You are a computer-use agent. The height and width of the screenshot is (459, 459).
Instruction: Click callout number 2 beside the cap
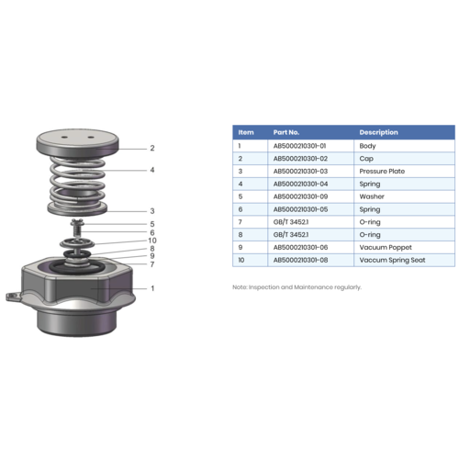click(152, 148)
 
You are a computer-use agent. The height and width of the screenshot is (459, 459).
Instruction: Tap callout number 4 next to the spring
click(152, 170)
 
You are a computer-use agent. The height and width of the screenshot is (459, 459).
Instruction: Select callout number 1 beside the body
click(152, 288)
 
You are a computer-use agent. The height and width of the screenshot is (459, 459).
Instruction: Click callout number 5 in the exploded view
click(152, 223)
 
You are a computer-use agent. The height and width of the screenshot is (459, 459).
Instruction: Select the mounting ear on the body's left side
click(12, 296)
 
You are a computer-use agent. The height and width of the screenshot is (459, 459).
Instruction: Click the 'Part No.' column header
click(286, 132)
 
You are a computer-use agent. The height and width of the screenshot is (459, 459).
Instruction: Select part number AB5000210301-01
click(300, 146)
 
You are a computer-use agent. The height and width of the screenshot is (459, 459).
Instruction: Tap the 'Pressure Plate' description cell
click(382, 171)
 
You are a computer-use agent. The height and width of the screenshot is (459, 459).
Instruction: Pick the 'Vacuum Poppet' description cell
click(383, 248)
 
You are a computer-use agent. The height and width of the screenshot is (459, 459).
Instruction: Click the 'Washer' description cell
click(371, 196)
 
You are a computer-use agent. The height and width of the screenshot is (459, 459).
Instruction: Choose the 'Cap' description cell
click(366, 159)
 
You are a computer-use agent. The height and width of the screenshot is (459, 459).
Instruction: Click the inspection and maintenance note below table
click(297, 286)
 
